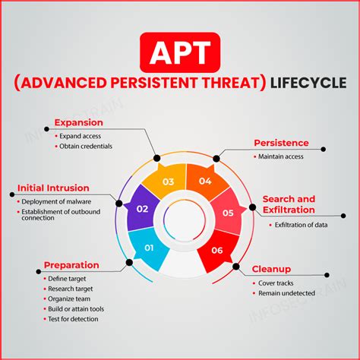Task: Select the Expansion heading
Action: tap(79, 122)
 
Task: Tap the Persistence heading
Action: tap(281, 142)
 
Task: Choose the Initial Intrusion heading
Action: tap(53, 188)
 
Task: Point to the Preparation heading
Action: tap(71, 265)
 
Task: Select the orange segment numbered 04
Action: tap(205, 181)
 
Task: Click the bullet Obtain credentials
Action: tap(86, 146)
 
